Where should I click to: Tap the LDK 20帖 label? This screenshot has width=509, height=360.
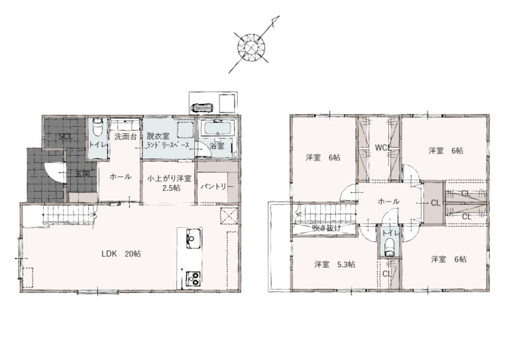121,254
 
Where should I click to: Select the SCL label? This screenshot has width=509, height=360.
65,137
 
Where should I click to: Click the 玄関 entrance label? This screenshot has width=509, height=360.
82,174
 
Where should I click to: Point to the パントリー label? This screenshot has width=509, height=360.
217,187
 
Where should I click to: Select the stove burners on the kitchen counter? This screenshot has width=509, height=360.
193,278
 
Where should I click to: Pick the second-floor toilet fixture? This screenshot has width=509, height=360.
389,248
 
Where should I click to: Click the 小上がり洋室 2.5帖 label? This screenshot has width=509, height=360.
169,184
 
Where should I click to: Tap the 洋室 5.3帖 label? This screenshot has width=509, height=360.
334,265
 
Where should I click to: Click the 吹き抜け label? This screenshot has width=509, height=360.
327,228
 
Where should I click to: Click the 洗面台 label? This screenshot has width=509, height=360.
126,137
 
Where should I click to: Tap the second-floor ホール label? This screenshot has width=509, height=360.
388,202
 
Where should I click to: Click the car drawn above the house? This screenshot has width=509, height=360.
203,108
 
